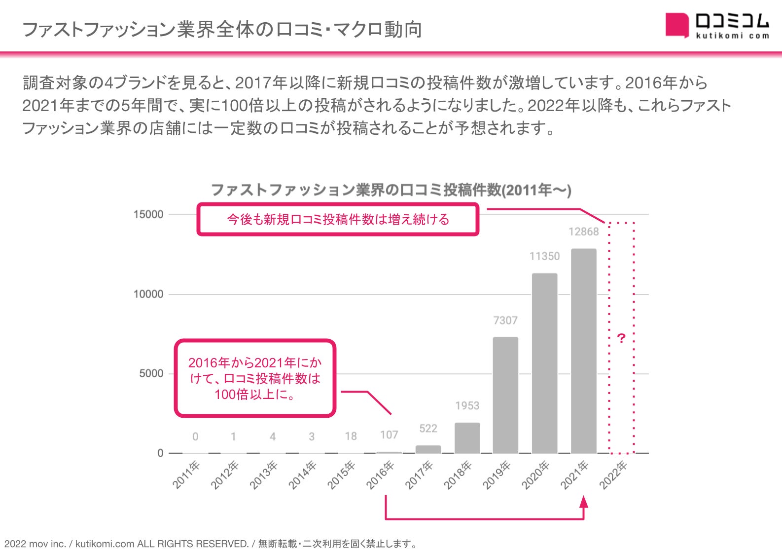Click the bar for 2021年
(584, 351)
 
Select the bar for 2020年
(544, 363)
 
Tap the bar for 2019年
(505, 395)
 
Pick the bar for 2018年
(467, 438)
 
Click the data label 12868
(584, 232)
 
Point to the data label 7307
(505, 320)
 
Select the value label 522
(428, 429)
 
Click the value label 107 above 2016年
(389, 435)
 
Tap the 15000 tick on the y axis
(148, 214)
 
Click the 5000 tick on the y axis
(151, 374)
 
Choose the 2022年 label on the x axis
(613, 475)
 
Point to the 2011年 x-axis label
(186, 475)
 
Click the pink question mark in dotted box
(621, 339)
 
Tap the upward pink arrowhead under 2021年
(584, 502)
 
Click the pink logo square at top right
(676, 25)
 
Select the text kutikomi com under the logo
(732, 36)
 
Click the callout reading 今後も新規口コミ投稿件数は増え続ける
(338, 219)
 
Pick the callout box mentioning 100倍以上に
(255, 378)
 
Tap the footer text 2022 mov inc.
(35, 544)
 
